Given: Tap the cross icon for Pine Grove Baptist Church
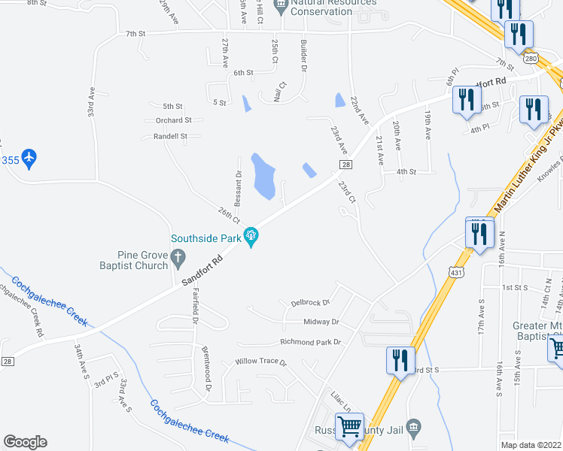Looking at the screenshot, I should click(x=178, y=260).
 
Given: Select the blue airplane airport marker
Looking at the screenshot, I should click(x=29, y=159).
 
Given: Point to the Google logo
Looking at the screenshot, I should click(x=25, y=442).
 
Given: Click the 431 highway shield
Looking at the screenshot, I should click(x=454, y=273).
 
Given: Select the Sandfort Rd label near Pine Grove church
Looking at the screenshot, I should click(x=202, y=269).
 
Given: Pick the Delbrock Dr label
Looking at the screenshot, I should click(x=310, y=303).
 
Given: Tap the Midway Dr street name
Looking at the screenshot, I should click(x=321, y=322).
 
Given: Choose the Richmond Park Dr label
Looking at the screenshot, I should click(x=310, y=342).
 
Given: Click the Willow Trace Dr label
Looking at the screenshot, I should click(x=261, y=362).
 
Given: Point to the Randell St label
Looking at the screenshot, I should click(x=170, y=137).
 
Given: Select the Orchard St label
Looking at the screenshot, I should click(x=174, y=120).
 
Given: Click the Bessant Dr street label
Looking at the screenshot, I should click(x=238, y=189).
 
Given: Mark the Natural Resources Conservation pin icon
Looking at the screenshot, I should click(x=281, y=8).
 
